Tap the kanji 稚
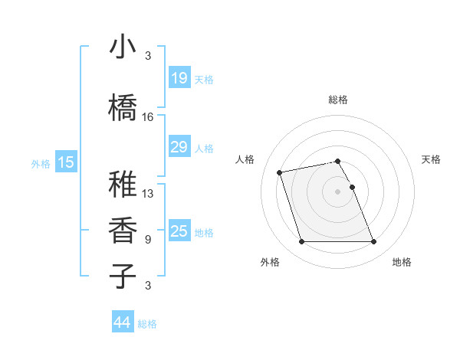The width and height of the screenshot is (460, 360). pos(123,184)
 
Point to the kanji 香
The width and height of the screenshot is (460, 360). pos(123,230)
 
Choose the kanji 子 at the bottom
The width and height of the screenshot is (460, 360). pos(123,276)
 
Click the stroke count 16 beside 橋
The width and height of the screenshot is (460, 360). pos(148,117)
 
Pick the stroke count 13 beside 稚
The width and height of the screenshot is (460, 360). pos(148,194)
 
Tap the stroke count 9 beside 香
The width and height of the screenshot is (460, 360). pos(148,240)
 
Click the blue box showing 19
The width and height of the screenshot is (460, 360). pos(179,77)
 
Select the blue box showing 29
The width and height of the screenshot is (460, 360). pos(179,147)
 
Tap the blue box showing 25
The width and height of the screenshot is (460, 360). pos(179,231)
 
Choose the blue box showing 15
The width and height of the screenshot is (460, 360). pos(65,162)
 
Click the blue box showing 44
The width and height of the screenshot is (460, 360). pos(122,322)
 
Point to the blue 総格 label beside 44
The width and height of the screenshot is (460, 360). pos(147,324)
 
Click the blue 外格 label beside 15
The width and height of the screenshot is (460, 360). pos(41,163)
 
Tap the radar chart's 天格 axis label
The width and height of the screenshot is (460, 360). pos(432,159)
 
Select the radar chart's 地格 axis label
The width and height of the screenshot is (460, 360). pos(402,262)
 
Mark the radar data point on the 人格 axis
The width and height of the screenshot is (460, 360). pos(280,172)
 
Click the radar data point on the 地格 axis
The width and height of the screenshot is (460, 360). pos(373,242)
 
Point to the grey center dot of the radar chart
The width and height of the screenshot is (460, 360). pos(338,191)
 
